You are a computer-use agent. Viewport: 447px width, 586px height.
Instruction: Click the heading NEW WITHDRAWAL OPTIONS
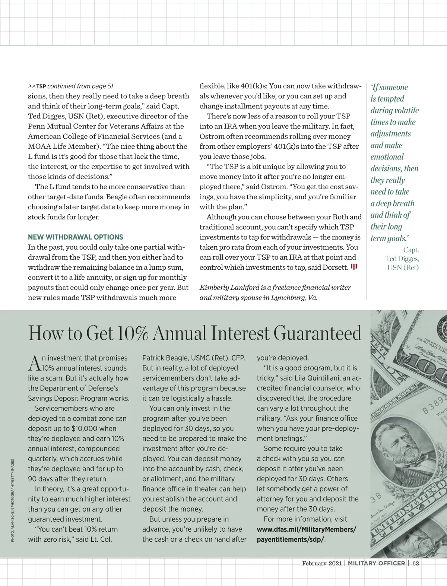[75, 237]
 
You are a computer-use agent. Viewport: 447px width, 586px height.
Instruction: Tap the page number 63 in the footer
[415, 563]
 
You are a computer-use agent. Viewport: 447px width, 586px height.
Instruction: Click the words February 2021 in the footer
[321, 563]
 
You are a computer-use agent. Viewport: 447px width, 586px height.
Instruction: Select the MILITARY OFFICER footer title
[376, 563]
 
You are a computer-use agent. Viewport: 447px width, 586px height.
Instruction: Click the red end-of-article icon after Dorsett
[354, 267]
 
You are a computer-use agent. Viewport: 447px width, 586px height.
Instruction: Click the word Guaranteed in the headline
[317, 333]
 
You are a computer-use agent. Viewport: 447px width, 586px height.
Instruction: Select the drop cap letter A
[34, 363]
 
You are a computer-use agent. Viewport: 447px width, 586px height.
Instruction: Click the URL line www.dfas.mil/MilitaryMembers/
[307, 529]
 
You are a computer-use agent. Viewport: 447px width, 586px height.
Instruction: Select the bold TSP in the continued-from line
[41, 86]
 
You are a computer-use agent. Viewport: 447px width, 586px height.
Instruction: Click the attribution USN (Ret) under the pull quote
[403, 267]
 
